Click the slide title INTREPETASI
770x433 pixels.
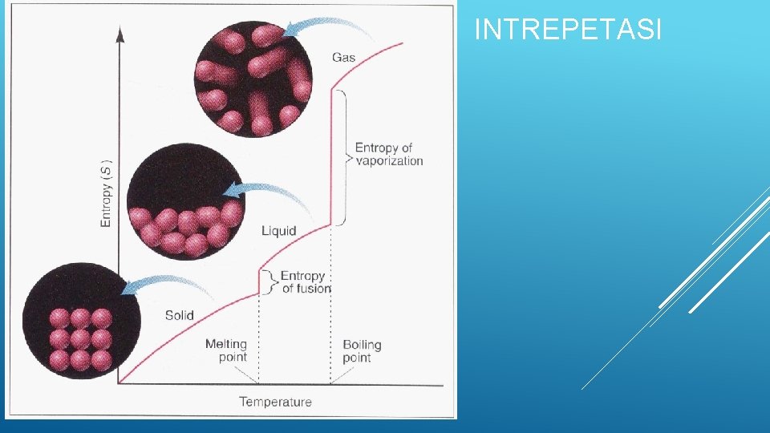568,30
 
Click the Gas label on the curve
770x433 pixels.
343,58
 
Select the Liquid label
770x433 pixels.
278,231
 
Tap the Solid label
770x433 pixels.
179,315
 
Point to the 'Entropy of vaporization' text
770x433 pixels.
388,154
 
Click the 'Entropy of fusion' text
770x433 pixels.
304,282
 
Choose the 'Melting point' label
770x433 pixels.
226,350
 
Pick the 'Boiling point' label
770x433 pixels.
362,350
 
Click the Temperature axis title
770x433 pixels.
275,402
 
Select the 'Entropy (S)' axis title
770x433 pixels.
107,192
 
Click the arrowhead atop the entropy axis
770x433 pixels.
120,34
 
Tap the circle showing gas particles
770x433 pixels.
253,79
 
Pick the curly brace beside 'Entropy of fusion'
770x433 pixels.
274,282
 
